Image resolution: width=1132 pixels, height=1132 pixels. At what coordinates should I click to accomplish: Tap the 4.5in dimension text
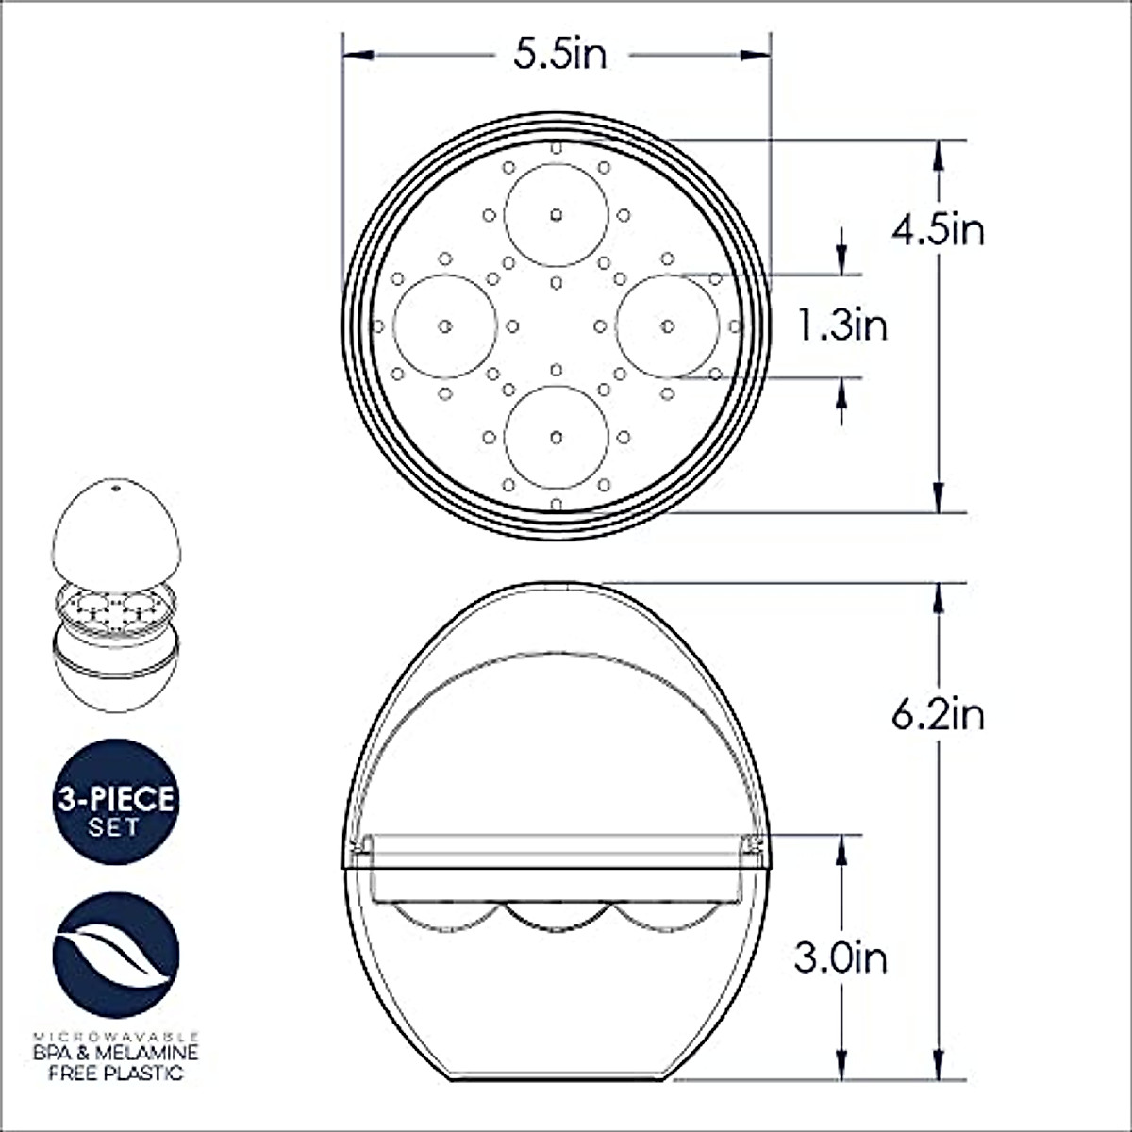point(938,229)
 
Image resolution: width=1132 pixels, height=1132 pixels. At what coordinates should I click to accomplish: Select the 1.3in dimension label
point(842,326)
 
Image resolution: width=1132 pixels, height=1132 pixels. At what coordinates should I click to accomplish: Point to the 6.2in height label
point(938,714)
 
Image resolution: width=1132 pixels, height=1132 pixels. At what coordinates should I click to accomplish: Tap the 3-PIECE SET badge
point(116,801)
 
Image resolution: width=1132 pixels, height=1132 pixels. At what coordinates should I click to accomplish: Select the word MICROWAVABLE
point(116,1035)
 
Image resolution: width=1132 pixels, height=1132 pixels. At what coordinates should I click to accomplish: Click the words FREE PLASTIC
point(116,1073)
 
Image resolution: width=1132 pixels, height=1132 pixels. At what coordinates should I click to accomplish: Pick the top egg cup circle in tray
point(556,214)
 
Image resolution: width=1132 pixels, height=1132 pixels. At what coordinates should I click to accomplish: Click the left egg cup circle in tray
point(444,325)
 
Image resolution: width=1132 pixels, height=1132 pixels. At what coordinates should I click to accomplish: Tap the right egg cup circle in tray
point(667,325)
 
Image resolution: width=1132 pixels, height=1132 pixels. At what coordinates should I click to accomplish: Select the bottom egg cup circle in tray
point(556,437)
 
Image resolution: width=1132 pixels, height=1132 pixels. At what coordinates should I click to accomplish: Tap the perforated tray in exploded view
point(114,608)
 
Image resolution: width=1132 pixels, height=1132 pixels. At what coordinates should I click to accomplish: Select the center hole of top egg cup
point(556,214)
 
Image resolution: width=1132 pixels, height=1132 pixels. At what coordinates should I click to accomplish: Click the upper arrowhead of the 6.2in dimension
point(938,594)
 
